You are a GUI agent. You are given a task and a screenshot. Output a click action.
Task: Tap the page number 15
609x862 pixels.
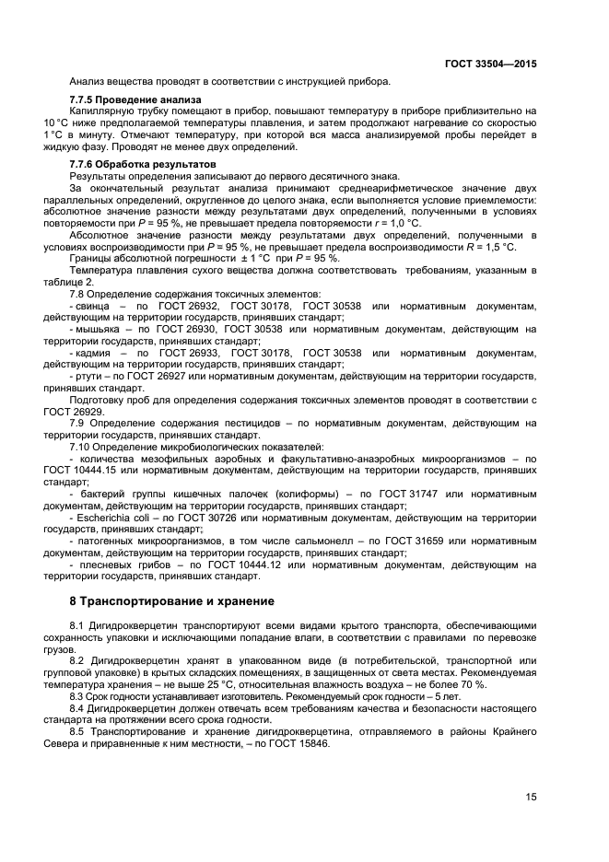pos(532,797)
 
